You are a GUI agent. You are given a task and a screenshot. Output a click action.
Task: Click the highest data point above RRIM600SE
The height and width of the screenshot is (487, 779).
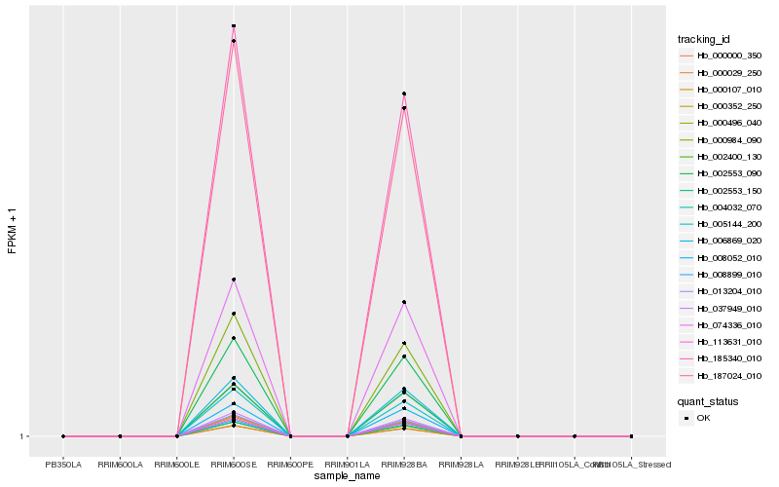pos(234,26)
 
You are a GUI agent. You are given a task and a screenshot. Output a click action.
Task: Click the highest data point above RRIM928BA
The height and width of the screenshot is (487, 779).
pos(404,94)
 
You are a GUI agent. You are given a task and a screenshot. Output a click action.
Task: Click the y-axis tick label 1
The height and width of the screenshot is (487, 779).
pos(22,436)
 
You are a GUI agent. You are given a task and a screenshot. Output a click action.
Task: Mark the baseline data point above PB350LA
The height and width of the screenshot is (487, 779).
pos(63,436)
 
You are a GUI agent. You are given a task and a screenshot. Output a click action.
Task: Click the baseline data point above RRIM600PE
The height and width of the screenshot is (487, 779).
pos(290,436)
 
